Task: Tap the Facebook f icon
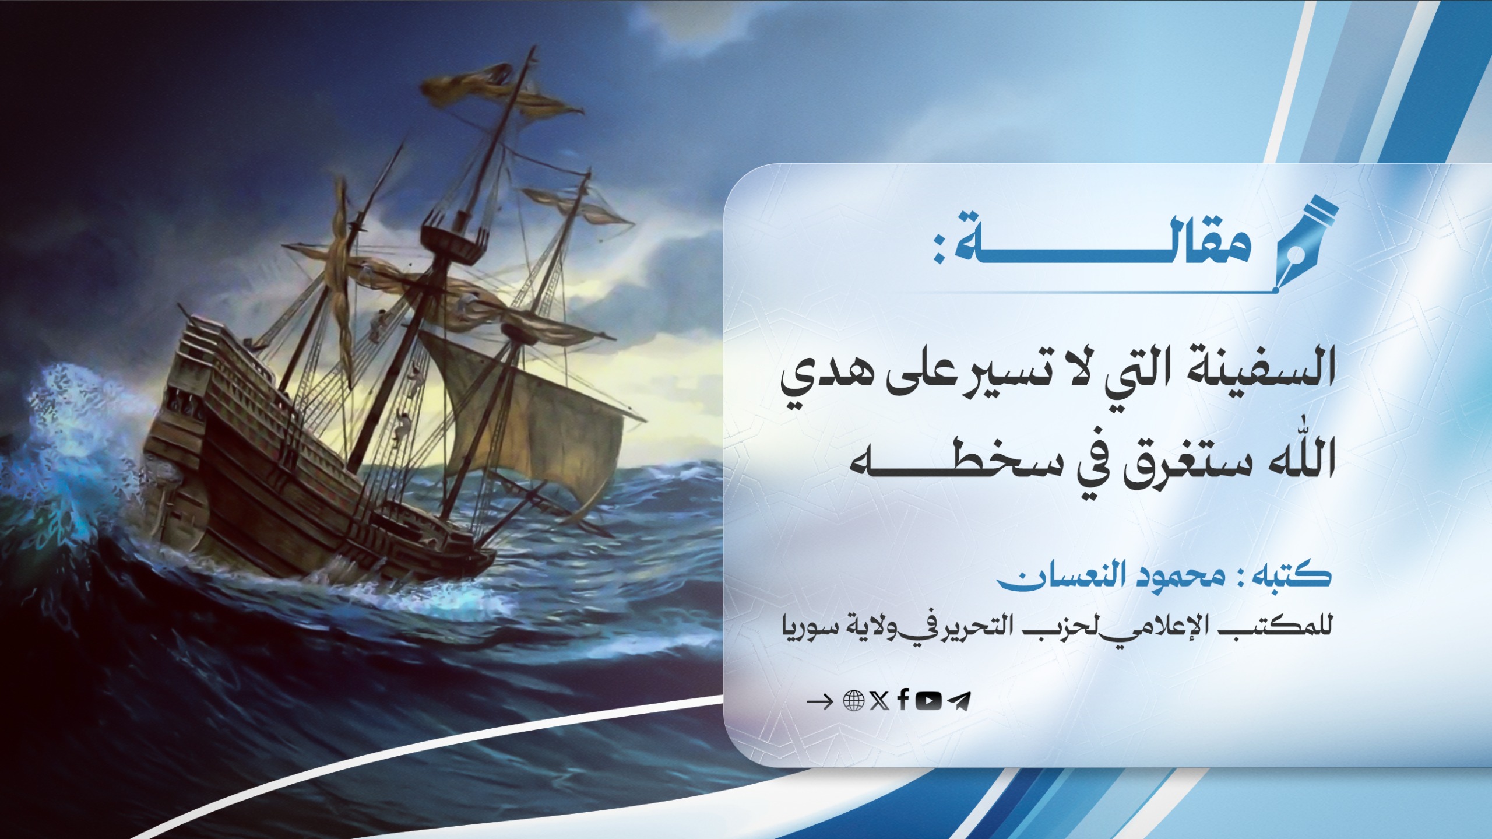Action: [903, 700]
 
